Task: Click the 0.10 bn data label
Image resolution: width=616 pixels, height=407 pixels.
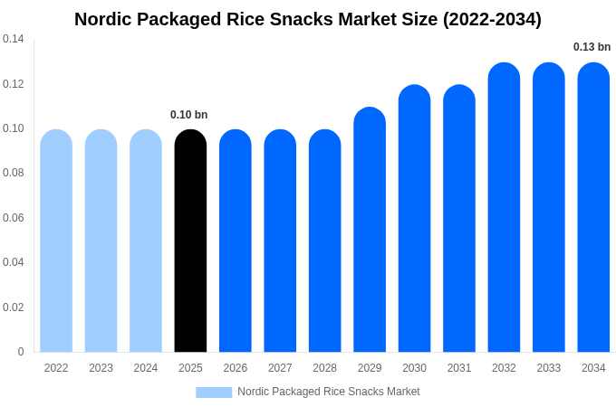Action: click(189, 115)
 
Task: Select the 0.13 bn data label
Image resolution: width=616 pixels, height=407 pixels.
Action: click(592, 47)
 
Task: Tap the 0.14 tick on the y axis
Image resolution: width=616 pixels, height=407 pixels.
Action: click(14, 39)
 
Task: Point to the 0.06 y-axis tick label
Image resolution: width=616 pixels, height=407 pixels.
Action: click(14, 218)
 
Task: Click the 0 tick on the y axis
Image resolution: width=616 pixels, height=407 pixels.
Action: click(21, 352)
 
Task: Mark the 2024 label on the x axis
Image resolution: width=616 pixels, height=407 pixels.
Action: click(146, 368)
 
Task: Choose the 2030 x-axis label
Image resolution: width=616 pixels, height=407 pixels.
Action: click(414, 368)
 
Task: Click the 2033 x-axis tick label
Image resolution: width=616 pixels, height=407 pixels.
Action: click(549, 368)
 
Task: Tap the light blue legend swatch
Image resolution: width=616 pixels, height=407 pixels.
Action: click(214, 392)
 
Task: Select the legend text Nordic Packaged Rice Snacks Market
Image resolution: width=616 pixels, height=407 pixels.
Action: click(329, 392)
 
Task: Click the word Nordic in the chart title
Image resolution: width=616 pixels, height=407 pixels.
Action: click(102, 19)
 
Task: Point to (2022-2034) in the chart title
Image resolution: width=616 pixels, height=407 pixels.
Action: click(492, 19)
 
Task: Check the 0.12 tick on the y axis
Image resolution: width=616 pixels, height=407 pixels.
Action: click(14, 84)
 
